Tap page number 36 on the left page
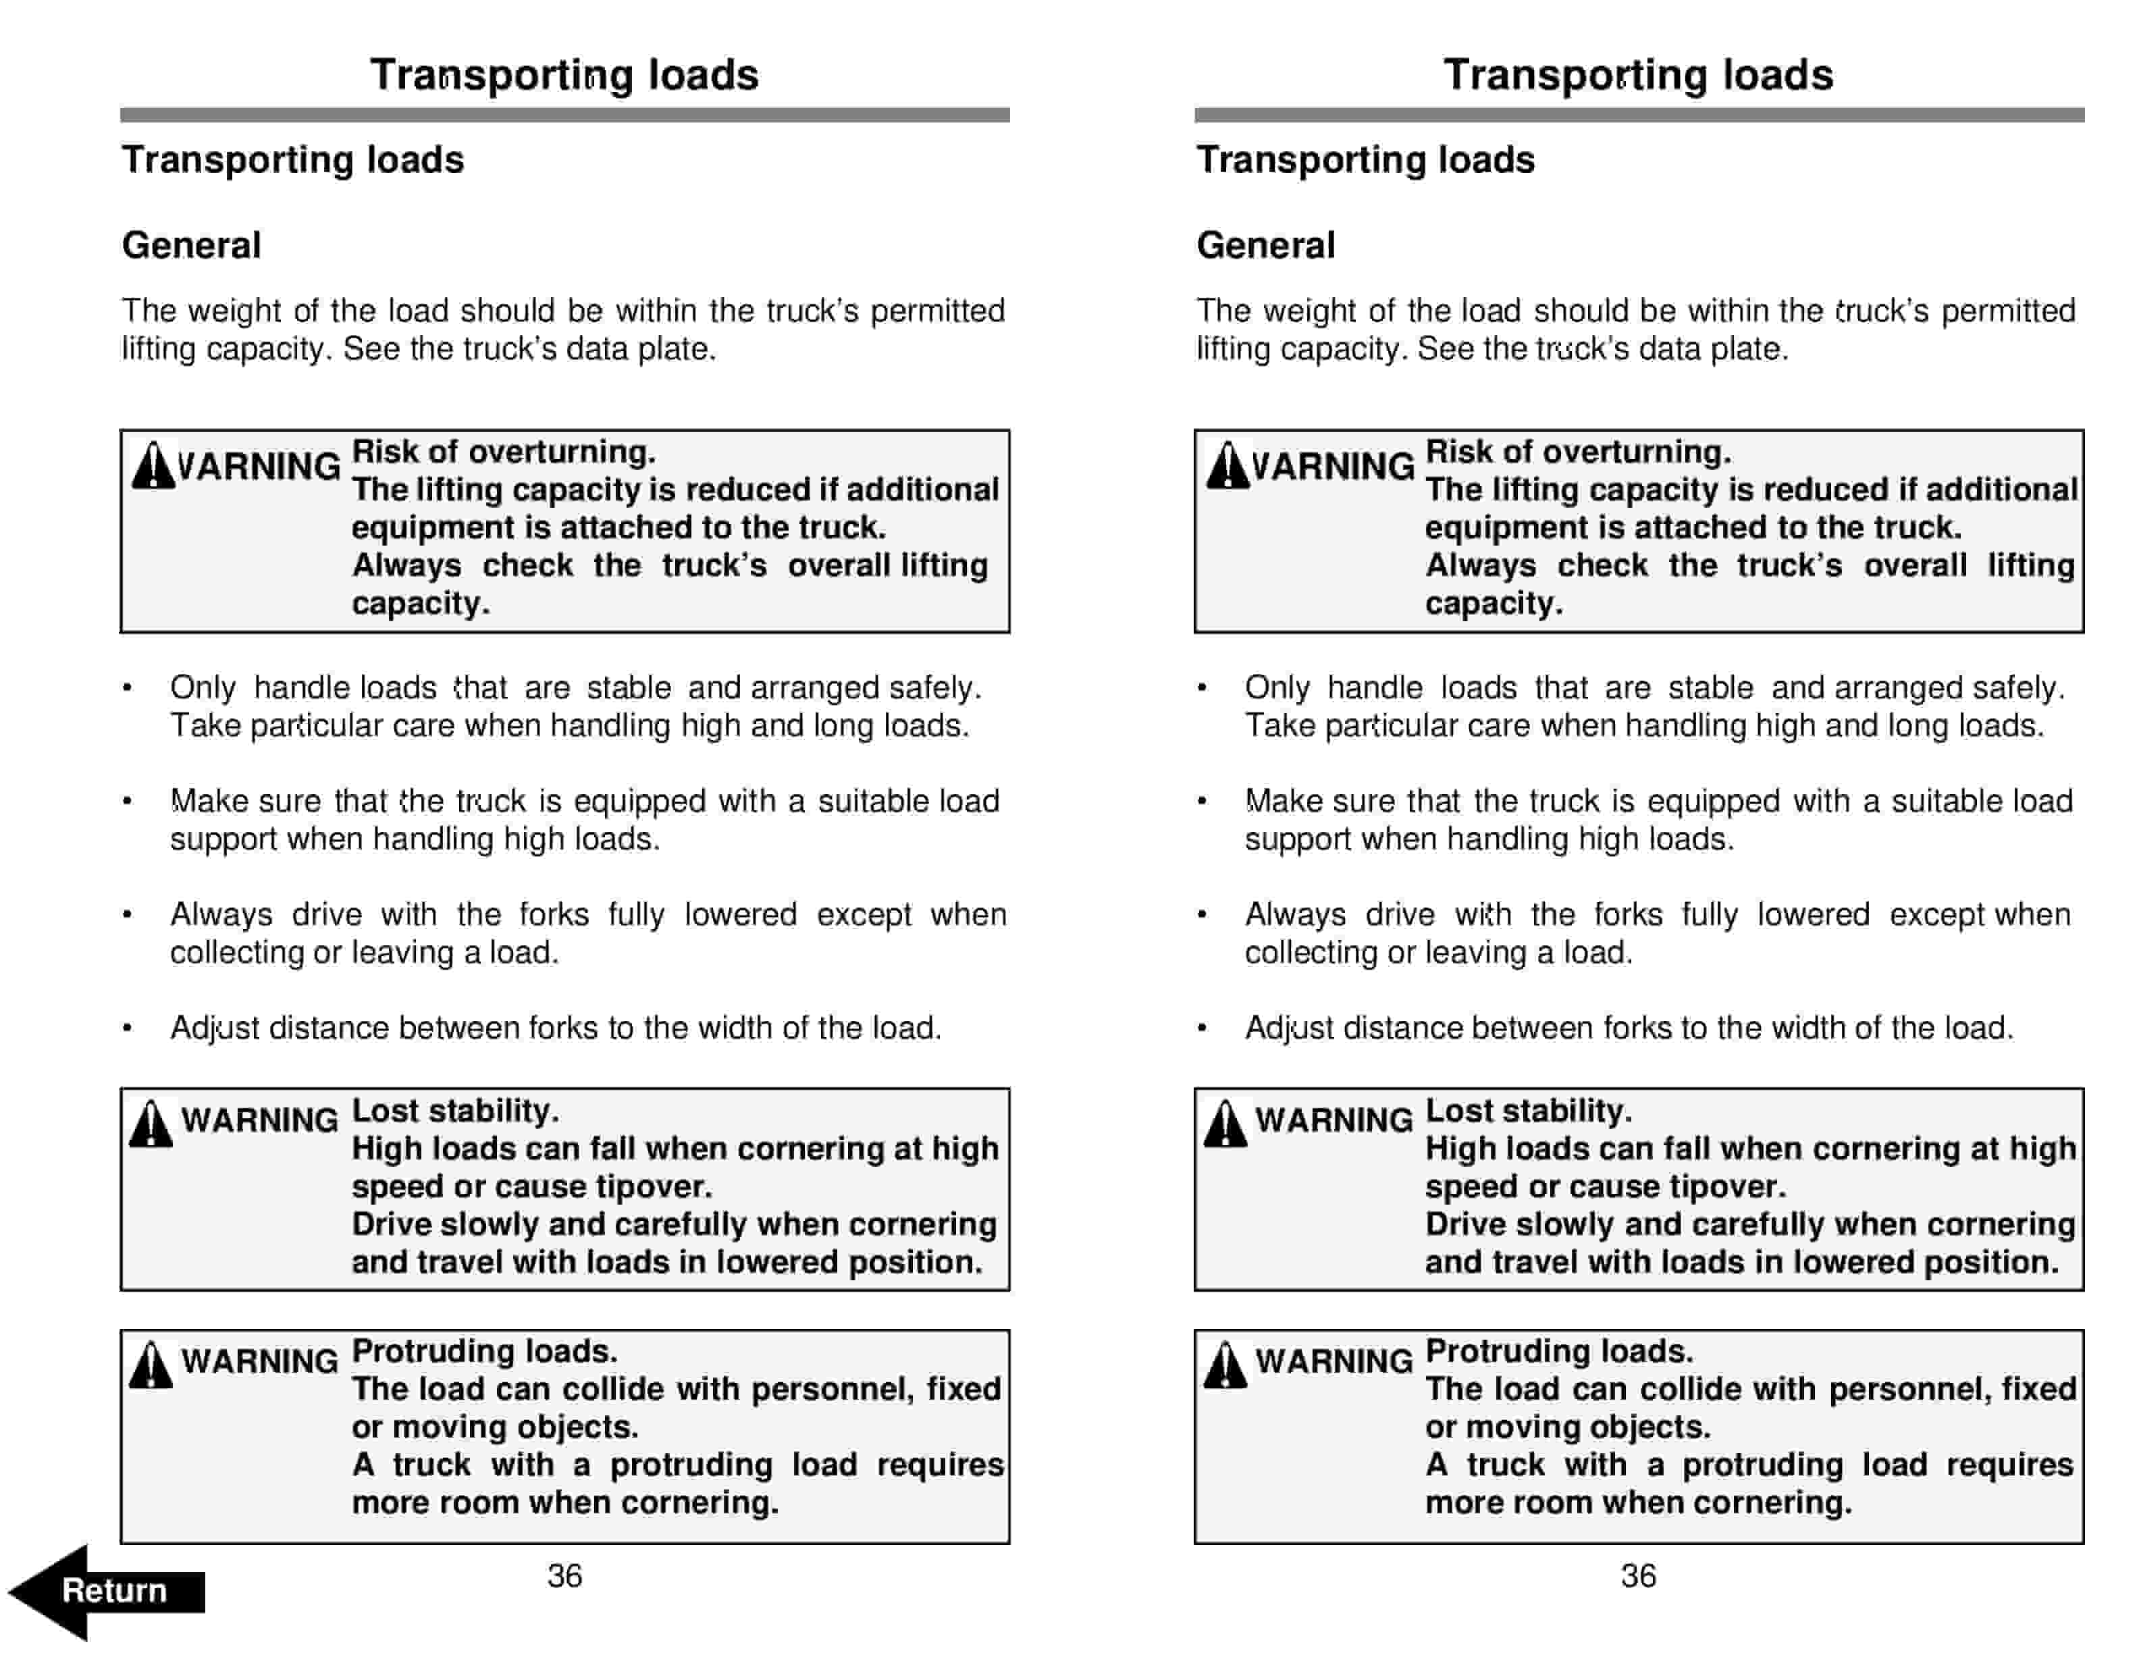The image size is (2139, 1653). point(564,1575)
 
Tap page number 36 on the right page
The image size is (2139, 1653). point(1637,1575)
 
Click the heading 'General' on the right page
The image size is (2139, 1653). point(1265,245)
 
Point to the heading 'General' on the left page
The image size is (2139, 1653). point(191,245)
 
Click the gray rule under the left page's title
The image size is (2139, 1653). point(564,115)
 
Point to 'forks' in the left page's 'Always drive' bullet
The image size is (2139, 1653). point(554,915)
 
